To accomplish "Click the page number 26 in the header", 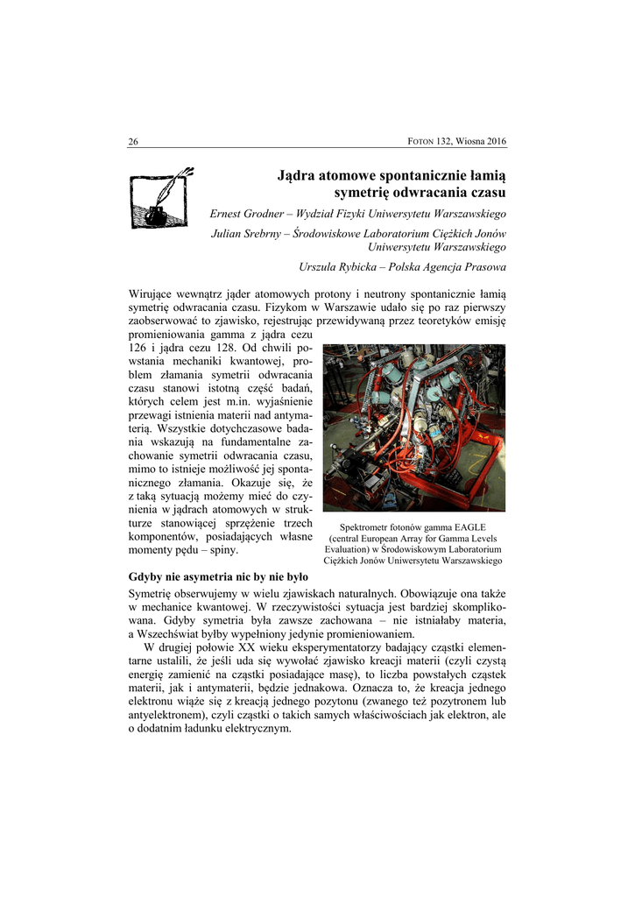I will point(133,142).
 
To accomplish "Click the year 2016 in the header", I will point(495,142).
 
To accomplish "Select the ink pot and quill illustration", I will point(161,197).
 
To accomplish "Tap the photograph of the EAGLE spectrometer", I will point(413,427).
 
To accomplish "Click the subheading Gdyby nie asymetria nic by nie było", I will point(218,577).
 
